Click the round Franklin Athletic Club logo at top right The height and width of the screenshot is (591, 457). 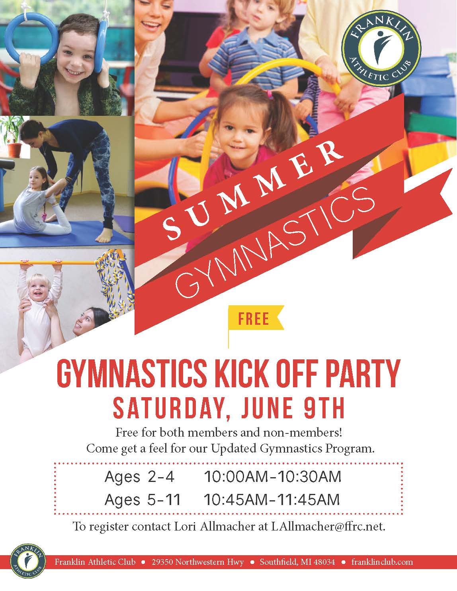[381, 49]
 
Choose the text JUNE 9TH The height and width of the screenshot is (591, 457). [293, 408]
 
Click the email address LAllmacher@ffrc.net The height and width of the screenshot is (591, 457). [328, 527]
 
